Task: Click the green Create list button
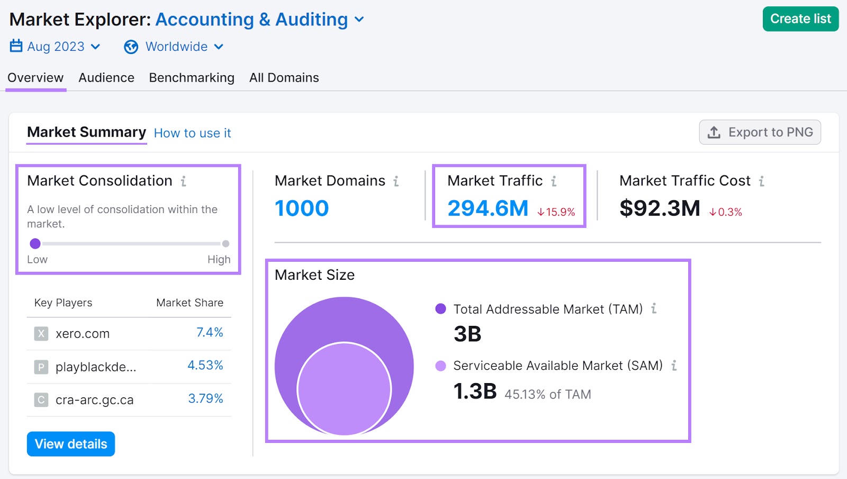pyautogui.click(x=800, y=19)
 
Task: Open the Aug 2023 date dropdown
pyautogui.click(x=55, y=47)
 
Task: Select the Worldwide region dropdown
pyautogui.click(x=174, y=47)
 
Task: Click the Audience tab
pyautogui.click(x=106, y=78)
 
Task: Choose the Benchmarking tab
pyautogui.click(x=192, y=78)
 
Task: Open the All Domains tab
pyautogui.click(x=284, y=78)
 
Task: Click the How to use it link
pyautogui.click(x=192, y=133)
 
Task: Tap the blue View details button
pyautogui.click(x=71, y=444)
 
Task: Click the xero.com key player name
pyautogui.click(x=83, y=334)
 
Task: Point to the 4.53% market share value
pyautogui.click(x=205, y=365)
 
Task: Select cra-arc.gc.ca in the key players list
pyautogui.click(x=94, y=400)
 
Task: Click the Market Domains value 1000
pyautogui.click(x=302, y=208)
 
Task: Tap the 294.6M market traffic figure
pyautogui.click(x=488, y=208)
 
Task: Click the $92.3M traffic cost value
pyautogui.click(x=660, y=208)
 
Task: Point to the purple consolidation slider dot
pyautogui.click(x=35, y=244)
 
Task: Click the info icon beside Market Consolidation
pyautogui.click(x=183, y=181)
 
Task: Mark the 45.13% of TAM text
pyautogui.click(x=547, y=394)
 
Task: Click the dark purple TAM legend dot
pyautogui.click(x=440, y=309)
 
